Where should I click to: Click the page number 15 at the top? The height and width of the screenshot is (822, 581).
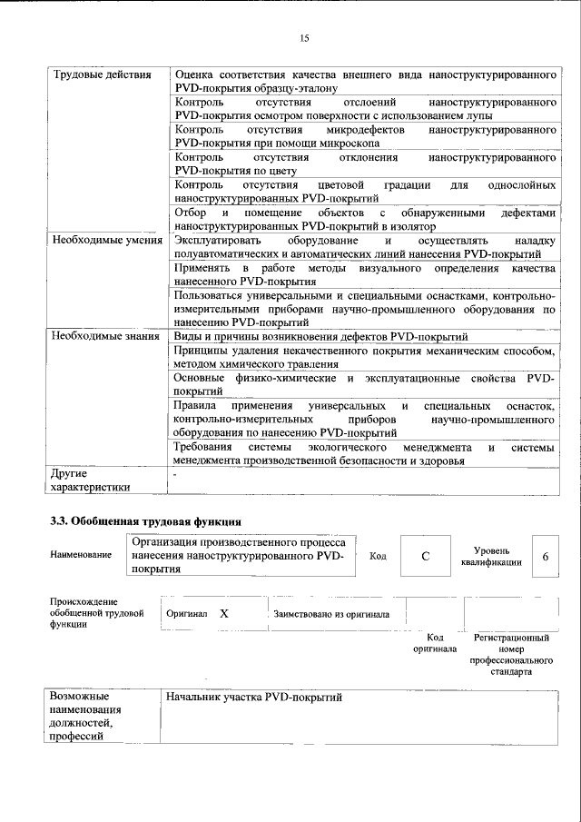[304, 37]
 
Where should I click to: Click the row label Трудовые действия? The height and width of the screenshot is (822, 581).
[102, 74]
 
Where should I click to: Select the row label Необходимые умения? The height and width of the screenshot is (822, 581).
[106, 241]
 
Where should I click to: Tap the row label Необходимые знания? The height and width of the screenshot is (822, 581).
[104, 336]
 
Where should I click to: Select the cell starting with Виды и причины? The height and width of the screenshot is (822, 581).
[320, 336]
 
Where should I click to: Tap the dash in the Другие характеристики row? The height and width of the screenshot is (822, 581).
[175, 473]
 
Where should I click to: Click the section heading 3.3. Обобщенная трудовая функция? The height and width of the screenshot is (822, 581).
[144, 521]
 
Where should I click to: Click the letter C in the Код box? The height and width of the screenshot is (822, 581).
[423, 557]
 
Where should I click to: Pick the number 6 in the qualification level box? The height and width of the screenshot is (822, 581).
[545, 557]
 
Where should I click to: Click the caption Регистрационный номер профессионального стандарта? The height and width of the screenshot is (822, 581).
[512, 654]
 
